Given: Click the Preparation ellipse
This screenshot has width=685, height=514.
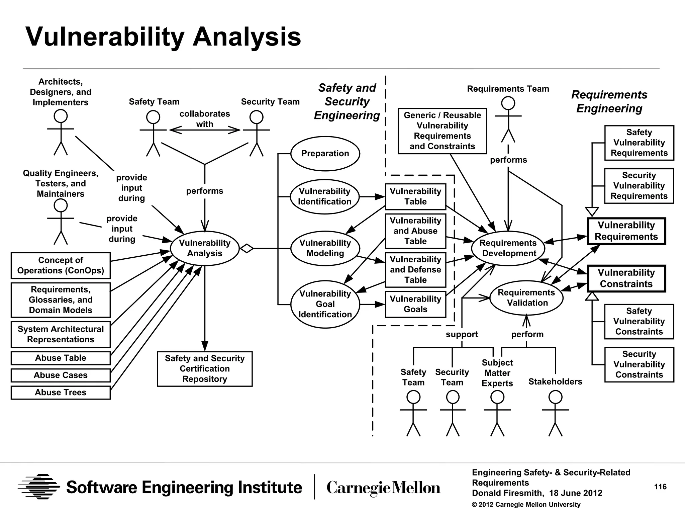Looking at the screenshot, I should (x=325, y=154).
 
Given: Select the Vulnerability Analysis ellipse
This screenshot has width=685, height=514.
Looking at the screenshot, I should (x=205, y=248).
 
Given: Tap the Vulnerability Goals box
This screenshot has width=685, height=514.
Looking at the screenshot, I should (x=415, y=304).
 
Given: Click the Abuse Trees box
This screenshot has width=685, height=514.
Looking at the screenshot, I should (x=61, y=393).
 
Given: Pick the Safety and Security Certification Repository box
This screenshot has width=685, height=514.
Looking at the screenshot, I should (x=205, y=369).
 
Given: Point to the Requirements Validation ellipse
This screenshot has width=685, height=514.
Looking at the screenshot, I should (x=526, y=298).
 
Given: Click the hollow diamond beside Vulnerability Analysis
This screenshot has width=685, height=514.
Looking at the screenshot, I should (x=247, y=248).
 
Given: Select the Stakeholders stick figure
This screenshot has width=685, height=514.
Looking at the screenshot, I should (x=555, y=415).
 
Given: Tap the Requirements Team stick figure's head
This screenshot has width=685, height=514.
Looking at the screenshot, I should (x=508, y=103).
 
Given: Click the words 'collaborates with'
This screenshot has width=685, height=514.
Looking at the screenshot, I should (x=205, y=119).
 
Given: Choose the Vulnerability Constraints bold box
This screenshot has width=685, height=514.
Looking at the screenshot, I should (x=626, y=278).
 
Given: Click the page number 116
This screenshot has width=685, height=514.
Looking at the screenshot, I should (x=660, y=487).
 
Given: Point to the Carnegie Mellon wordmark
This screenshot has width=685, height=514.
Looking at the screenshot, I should (x=383, y=488).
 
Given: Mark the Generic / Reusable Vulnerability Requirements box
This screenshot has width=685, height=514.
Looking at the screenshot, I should (x=442, y=131).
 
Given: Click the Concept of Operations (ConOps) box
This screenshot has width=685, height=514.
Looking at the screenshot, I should (x=61, y=265).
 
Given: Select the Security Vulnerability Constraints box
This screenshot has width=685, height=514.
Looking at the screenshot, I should (x=639, y=364).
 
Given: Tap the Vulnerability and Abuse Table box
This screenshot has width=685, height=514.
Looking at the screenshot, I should (x=415, y=231).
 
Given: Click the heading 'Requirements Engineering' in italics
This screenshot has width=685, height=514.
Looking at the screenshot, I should (x=609, y=101).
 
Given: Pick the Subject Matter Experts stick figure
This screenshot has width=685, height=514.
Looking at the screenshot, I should (x=497, y=415).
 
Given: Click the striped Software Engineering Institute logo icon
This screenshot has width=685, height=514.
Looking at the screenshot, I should (x=39, y=487).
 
